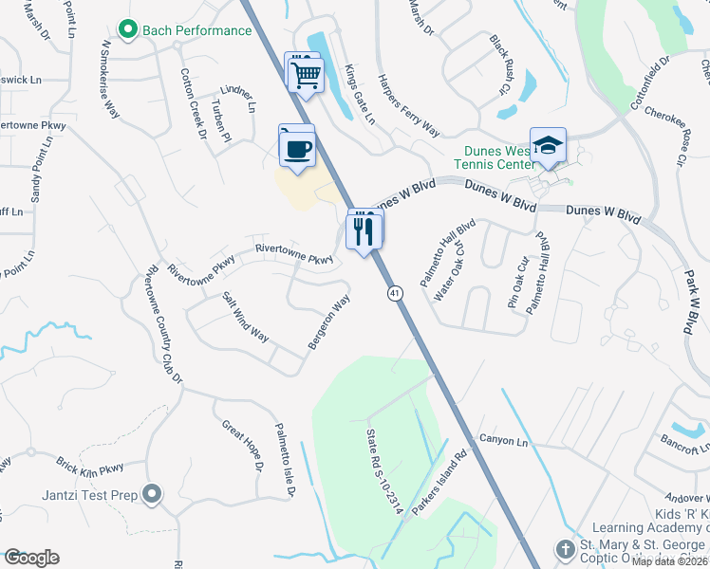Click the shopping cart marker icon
[x=305, y=73]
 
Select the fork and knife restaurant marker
[x=364, y=230]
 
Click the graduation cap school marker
[x=548, y=145]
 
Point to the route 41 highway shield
[x=393, y=294]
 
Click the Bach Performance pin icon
[x=129, y=30]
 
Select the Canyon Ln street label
[x=502, y=440]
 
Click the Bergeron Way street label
[x=328, y=321]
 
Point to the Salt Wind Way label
[x=246, y=318]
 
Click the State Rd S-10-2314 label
[x=384, y=471]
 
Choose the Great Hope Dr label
[x=243, y=446]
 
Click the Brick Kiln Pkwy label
[x=90, y=467]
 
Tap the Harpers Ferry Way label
[x=409, y=104]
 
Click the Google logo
[x=31, y=558]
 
